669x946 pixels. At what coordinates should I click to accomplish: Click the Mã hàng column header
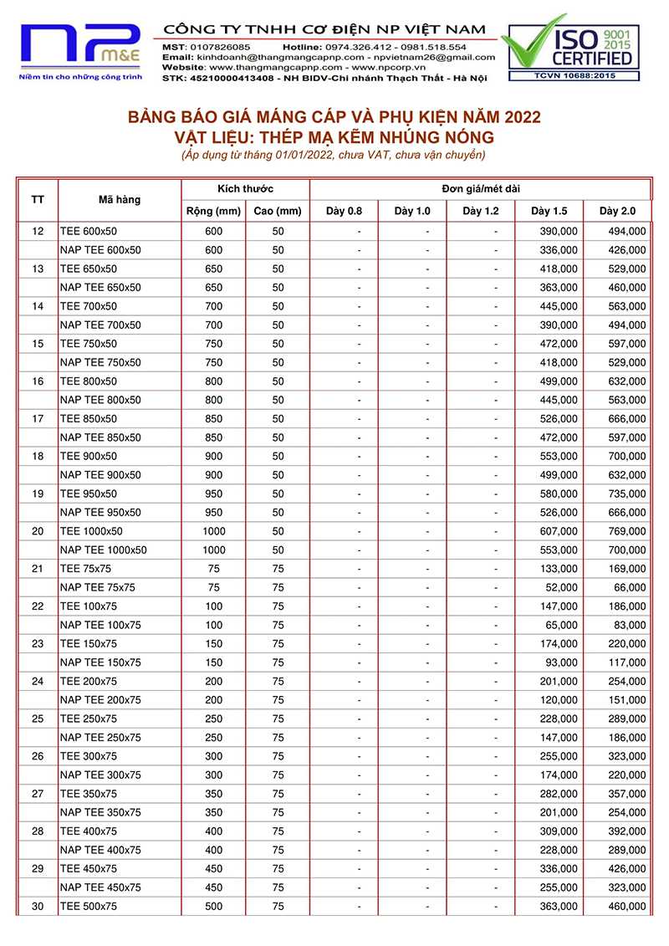click(120, 200)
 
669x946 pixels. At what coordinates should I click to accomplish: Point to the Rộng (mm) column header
click(213, 211)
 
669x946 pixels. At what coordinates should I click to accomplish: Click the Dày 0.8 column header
click(344, 211)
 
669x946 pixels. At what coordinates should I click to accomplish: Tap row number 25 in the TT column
click(38, 718)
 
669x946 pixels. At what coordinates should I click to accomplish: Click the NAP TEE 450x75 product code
click(101, 887)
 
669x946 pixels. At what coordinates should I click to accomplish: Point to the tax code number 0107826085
click(219, 47)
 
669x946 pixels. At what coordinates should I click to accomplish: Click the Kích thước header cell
click(245, 189)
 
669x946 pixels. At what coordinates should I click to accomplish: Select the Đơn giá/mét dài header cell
click(480, 189)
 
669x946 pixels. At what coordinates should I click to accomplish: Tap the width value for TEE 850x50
click(213, 418)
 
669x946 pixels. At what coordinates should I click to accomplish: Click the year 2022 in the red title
click(518, 116)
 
